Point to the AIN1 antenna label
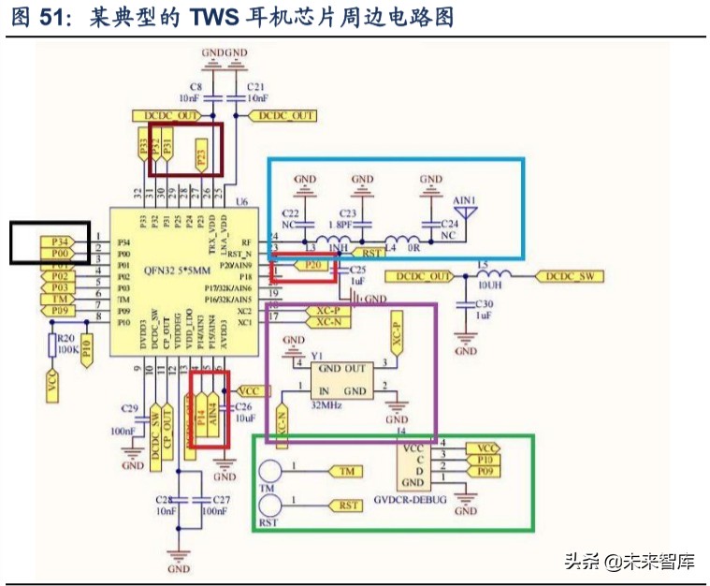[465, 201]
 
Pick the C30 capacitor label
[484, 304]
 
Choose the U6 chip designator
[243, 202]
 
